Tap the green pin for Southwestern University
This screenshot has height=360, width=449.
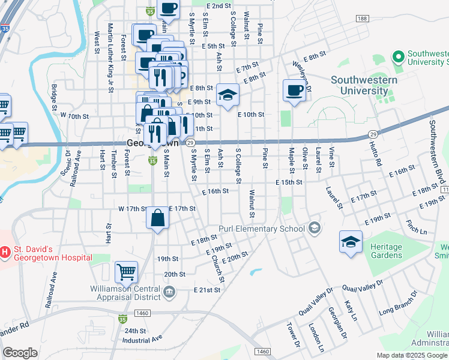(397, 57)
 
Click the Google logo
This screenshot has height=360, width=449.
(20, 353)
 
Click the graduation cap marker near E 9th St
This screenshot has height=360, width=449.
(228, 95)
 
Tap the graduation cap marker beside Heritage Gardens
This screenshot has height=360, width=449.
(351, 242)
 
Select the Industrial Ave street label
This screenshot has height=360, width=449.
(142, 339)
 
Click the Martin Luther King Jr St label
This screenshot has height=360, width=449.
(110, 58)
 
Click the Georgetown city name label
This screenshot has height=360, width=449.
(152, 143)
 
